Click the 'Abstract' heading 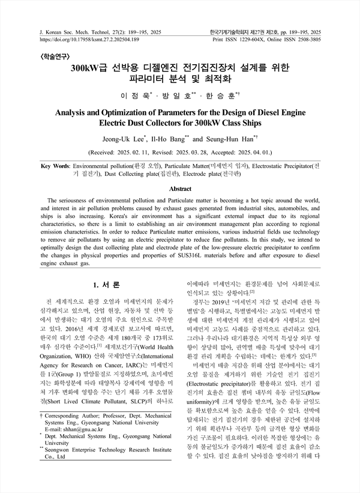[x=180, y=188]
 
